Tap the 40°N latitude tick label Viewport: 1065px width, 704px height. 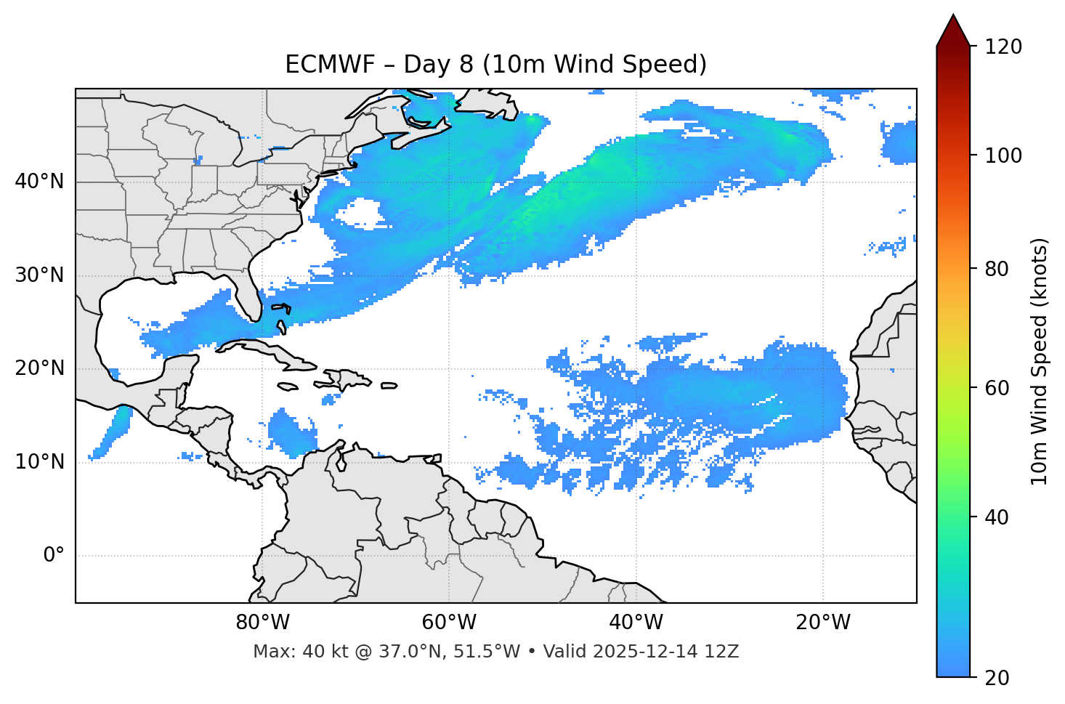(39, 182)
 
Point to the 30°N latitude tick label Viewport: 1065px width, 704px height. (39, 275)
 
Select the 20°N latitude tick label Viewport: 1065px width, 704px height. (39, 368)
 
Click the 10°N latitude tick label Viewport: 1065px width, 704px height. (39, 462)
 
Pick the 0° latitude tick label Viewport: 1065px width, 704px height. (54, 556)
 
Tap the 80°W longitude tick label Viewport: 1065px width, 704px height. (262, 623)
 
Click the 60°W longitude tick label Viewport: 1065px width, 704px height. (449, 623)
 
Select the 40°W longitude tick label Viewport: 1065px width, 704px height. (636, 623)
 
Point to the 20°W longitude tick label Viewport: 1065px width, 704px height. (822, 623)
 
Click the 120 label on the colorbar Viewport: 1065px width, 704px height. (1005, 47)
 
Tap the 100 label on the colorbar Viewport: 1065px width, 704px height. (1005, 155)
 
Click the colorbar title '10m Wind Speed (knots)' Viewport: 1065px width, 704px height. (1040, 361)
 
